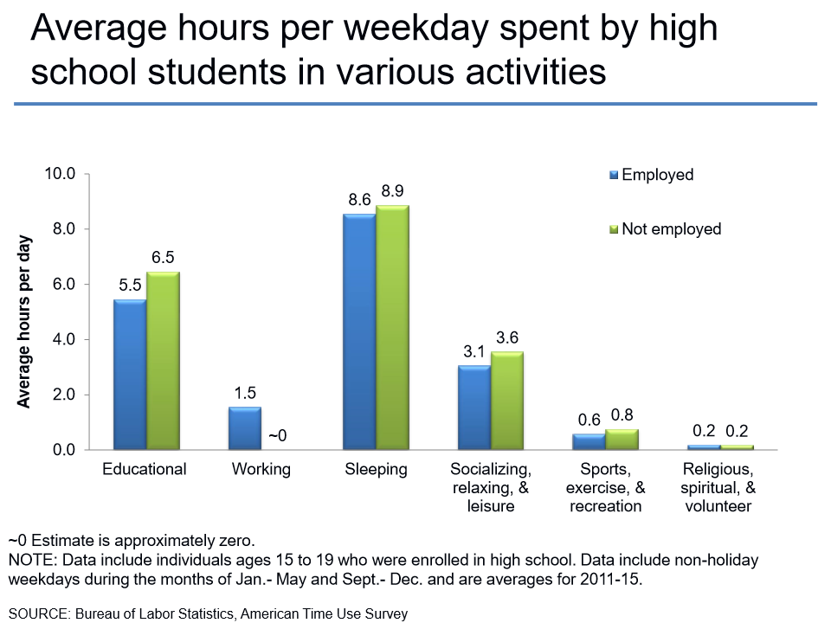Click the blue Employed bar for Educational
[x=130, y=374]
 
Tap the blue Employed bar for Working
[x=244, y=428]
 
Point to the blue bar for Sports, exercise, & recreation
[x=589, y=441]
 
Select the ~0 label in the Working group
[x=277, y=436]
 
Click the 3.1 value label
[x=474, y=352]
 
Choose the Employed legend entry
[x=657, y=175]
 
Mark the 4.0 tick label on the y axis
[x=66, y=340]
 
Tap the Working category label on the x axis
[x=261, y=470]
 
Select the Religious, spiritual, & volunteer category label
[x=718, y=488]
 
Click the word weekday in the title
[x=386, y=29]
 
